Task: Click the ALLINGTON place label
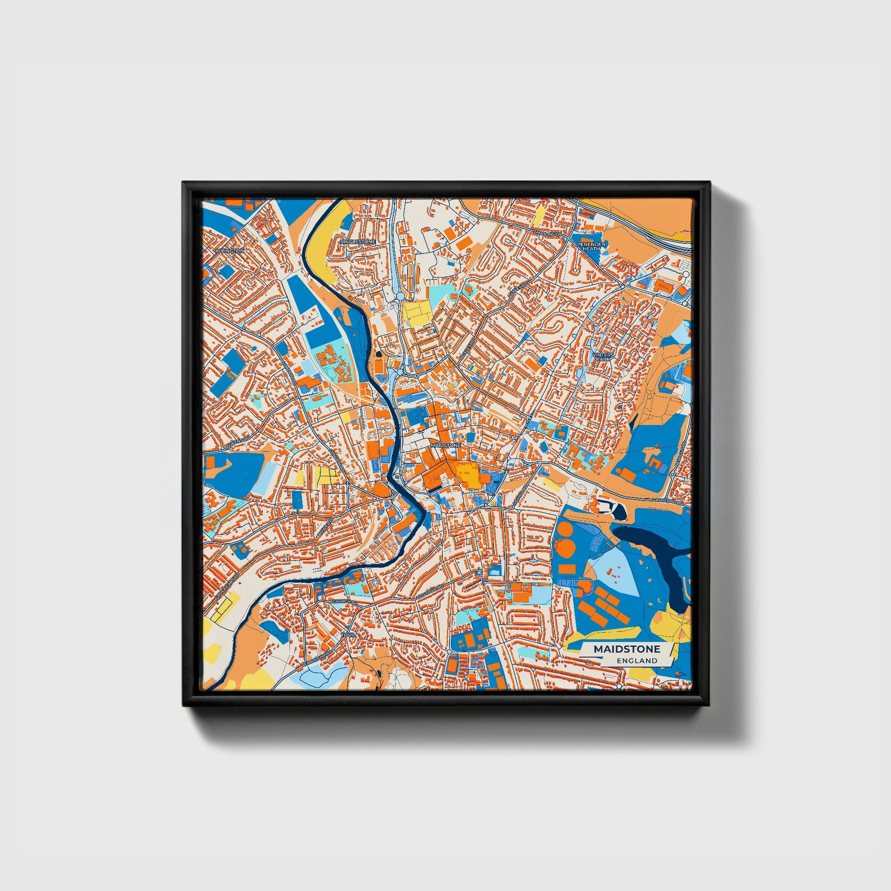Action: click(x=230, y=250)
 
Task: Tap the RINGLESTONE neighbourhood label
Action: click(x=358, y=242)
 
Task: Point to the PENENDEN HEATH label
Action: click(x=591, y=245)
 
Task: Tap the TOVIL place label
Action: click(x=348, y=635)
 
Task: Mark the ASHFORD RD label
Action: click(x=669, y=501)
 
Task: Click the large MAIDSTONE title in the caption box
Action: click(x=626, y=649)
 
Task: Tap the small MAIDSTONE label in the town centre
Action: click(x=445, y=446)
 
